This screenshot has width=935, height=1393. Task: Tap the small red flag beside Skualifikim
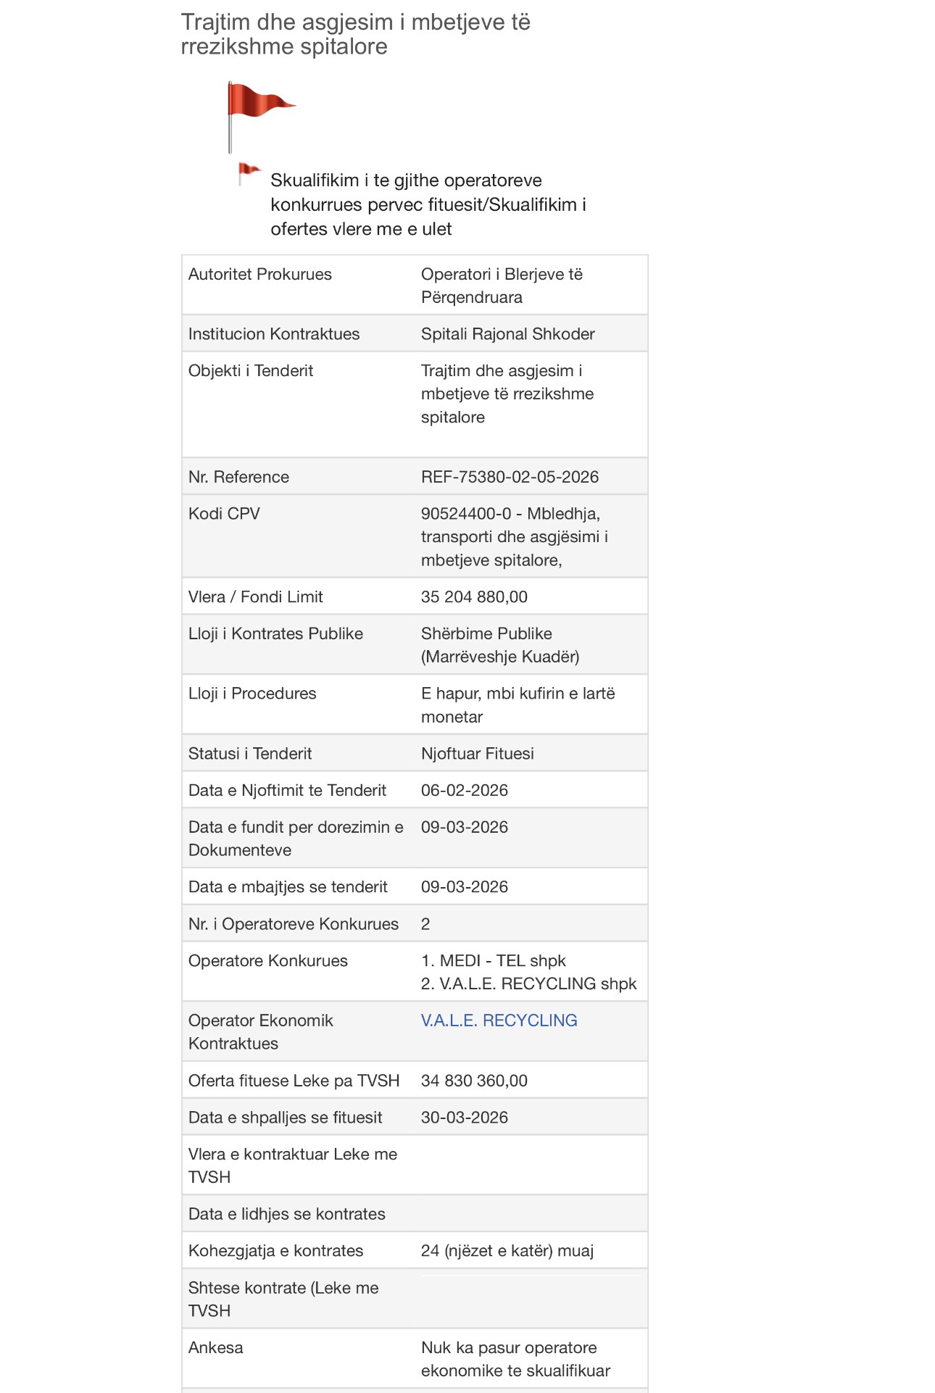(x=249, y=172)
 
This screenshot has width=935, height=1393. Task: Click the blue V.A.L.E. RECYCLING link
(x=499, y=1020)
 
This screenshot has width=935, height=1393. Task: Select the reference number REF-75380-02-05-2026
(x=510, y=477)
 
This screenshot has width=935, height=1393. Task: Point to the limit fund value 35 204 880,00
(x=474, y=597)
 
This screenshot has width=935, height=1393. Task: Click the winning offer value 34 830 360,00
(x=474, y=1081)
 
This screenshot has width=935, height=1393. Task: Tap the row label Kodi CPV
(x=224, y=514)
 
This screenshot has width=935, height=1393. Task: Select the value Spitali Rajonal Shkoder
(x=507, y=334)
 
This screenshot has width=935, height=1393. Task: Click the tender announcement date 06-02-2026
(x=464, y=790)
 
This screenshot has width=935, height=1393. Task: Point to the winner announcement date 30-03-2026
(x=464, y=1118)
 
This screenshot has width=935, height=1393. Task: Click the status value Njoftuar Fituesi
(x=477, y=754)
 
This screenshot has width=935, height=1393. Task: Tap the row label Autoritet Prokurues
(x=259, y=275)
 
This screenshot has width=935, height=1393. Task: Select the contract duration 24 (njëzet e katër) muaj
(x=507, y=1251)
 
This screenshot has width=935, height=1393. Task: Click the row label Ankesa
(x=215, y=1348)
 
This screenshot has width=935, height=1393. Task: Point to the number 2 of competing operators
(x=425, y=924)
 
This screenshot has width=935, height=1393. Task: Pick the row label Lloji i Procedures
(x=252, y=694)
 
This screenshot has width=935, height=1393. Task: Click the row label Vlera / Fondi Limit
(x=255, y=597)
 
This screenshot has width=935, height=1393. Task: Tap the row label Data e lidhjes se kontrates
(x=286, y=1214)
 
